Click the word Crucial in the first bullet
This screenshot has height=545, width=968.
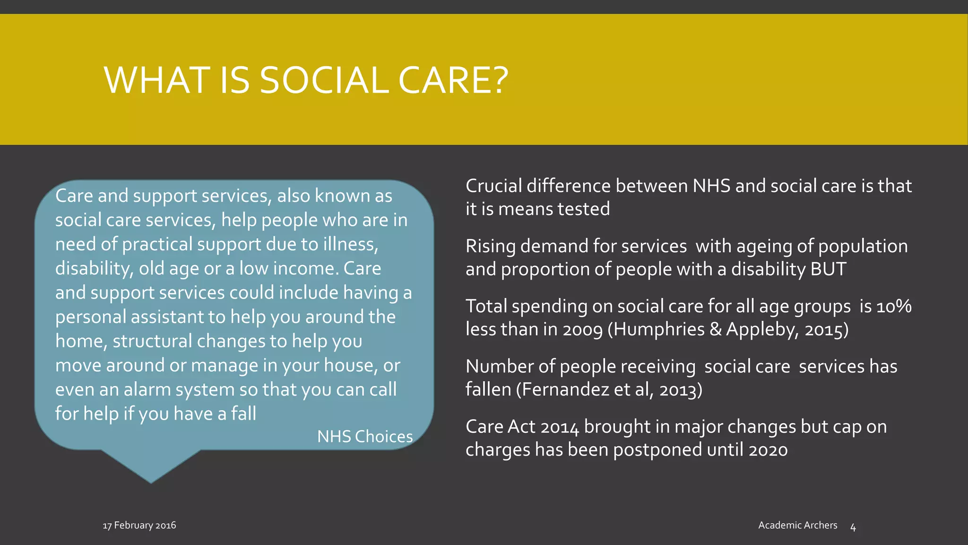click(493, 186)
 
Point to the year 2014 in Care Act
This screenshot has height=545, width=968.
click(559, 427)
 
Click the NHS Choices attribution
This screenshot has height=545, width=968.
click(365, 437)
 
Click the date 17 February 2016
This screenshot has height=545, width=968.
click(139, 525)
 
